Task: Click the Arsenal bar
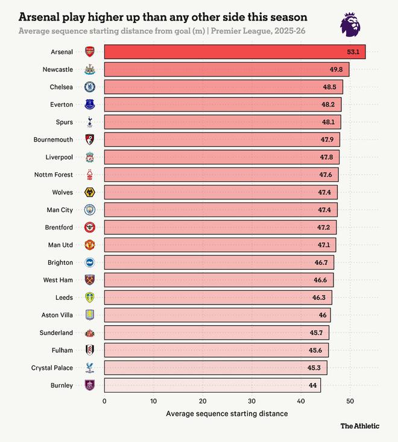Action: tap(235, 52)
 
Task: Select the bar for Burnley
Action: tap(212, 385)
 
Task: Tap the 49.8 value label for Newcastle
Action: tap(336, 69)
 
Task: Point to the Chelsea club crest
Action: tap(90, 87)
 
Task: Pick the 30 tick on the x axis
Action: tap(252, 401)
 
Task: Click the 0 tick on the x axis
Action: tap(104, 401)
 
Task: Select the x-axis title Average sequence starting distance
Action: tap(227, 414)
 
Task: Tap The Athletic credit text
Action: tap(360, 426)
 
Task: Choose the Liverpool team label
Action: tap(59, 157)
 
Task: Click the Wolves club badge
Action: tap(90, 192)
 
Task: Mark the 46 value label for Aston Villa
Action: tap(323, 315)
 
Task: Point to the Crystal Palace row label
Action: tap(52, 367)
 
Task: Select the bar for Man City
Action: tap(221, 210)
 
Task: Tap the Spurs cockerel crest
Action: tap(90, 122)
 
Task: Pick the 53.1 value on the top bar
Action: tap(353, 52)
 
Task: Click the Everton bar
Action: tap(223, 104)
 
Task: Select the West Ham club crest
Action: tap(90, 279)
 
